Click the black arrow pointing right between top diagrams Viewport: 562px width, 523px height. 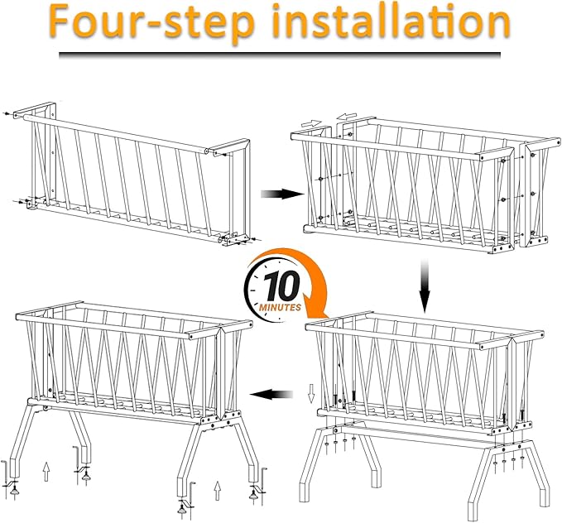282,194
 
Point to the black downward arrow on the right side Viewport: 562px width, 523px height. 425,285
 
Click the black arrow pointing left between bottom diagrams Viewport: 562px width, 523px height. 271,395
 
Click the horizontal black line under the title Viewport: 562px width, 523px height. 280,55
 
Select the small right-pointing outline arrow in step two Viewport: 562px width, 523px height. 310,123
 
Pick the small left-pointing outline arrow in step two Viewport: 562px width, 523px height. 347,115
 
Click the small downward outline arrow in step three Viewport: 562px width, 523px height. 311,393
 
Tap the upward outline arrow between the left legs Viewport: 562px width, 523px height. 46,472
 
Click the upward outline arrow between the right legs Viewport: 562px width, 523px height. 217,491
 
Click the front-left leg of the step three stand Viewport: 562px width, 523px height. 313,463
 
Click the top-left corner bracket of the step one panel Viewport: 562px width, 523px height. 35,109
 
